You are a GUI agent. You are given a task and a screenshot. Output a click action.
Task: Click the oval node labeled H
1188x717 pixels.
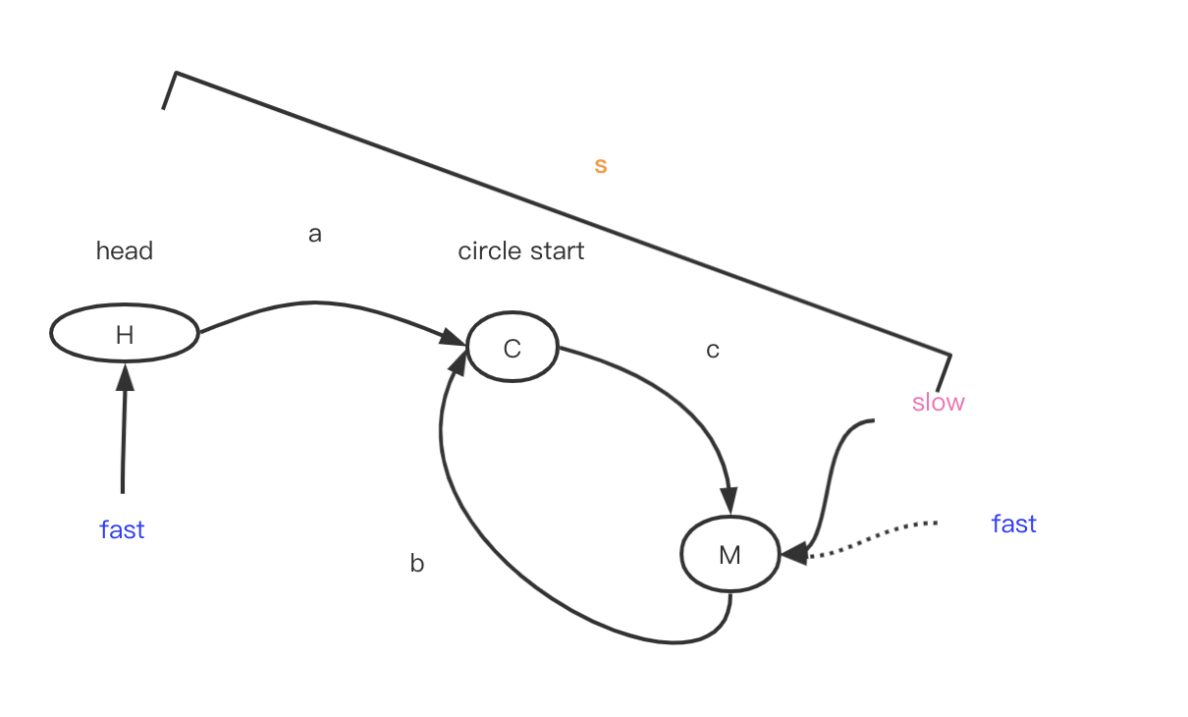coord(125,334)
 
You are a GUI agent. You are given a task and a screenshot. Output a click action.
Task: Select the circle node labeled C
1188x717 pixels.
coord(512,348)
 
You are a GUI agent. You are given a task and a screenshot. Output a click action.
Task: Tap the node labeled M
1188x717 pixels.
coord(729,555)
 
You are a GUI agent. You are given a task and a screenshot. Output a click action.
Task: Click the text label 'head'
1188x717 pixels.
coord(125,251)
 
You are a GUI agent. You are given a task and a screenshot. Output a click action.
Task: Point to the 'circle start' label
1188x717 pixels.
coord(520,251)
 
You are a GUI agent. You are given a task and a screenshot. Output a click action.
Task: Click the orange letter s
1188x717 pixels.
coord(601,166)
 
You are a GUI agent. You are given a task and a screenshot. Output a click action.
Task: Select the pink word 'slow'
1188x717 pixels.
coord(938,403)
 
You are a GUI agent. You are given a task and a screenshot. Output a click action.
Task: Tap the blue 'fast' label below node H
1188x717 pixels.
coord(122,530)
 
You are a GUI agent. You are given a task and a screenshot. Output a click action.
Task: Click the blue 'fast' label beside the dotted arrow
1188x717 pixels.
coord(1013,524)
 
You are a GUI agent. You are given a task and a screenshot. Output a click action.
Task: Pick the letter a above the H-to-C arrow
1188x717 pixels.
coord(315,235)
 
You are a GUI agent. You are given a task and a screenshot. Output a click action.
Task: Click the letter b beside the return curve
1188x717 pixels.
coord(417,564)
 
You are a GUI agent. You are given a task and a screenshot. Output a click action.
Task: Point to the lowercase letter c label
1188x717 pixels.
coord(713,351)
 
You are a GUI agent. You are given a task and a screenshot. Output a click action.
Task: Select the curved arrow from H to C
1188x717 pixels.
coord(314,303)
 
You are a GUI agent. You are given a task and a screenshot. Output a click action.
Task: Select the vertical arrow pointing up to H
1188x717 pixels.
coord(124,432)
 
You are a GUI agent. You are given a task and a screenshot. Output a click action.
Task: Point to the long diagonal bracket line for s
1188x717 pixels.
coord(560,212)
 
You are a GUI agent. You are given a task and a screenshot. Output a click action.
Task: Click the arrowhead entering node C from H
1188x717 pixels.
coord(455,340)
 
